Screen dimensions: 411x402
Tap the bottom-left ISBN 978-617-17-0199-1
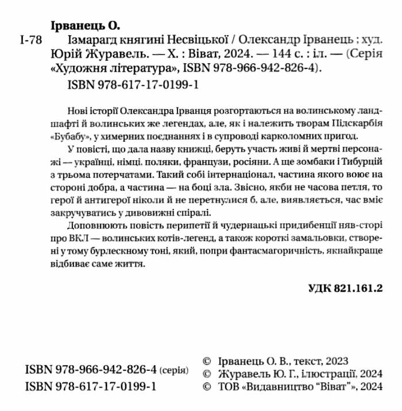tap(91, 387)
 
